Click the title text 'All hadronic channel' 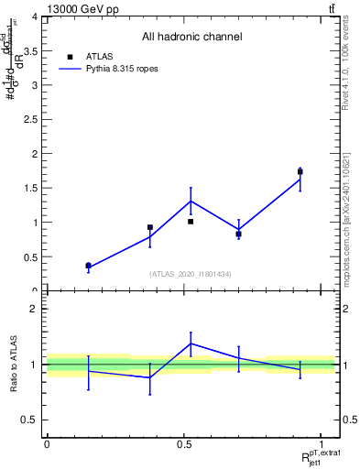[191, 37]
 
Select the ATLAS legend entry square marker [70, 56]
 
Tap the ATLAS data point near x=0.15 [89, 266]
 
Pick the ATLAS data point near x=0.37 [149, 227]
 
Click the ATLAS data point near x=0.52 [191, 222]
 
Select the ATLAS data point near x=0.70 [238, 234]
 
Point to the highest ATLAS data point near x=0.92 [300, 171]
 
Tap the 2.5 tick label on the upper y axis [29, 120]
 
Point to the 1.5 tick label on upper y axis [29, 189]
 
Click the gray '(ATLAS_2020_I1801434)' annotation [191, 274]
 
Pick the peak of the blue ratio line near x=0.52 [191, 344]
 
